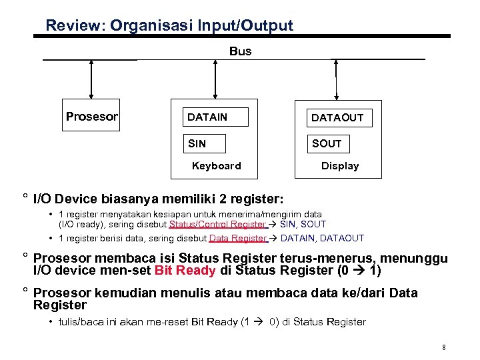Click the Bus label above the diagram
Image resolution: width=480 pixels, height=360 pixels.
click(x=241, y=51)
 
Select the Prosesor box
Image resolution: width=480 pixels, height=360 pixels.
click(x=92, y=117)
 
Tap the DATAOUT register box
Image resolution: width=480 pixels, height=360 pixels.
click(x=337, y=118)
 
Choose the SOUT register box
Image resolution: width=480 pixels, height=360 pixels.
click(x=327, y=143)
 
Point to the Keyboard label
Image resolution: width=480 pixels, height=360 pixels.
click(x=216, y=166)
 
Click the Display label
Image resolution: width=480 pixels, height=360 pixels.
click(x=340, y=166)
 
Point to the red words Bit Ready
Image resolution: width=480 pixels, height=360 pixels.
click(x=185, y=271)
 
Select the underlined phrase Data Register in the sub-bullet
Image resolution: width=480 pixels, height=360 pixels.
click(x=237, y=238)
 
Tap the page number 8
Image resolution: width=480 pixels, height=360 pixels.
click(x=443, y=347)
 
